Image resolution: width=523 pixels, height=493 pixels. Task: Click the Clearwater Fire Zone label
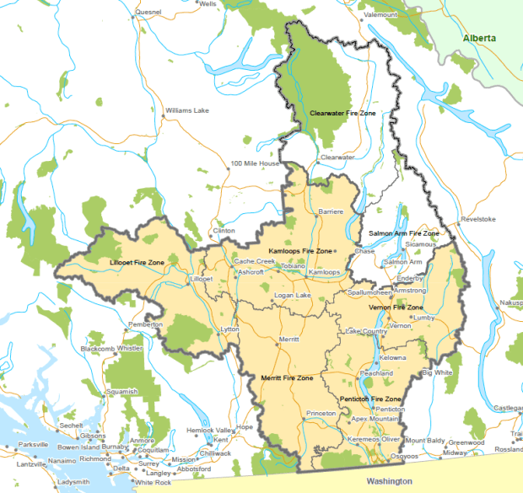tap(342, 112)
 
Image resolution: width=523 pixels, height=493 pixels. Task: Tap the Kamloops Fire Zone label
tap(300, 251)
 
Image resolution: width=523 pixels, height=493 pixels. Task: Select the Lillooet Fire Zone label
tap(137, 263)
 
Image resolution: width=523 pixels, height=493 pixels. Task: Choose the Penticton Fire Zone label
tap(369, 398)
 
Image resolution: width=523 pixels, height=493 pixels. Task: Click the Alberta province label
tap(479, 39)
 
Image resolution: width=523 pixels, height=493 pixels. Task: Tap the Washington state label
tap(390, 480)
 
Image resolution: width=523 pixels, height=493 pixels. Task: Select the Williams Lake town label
tap(186, 110)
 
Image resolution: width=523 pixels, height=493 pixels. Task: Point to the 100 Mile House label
tap(255, 163)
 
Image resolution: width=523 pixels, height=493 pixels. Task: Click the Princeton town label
tap(321, 414)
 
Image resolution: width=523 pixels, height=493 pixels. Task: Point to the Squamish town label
tap(121, 392)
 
